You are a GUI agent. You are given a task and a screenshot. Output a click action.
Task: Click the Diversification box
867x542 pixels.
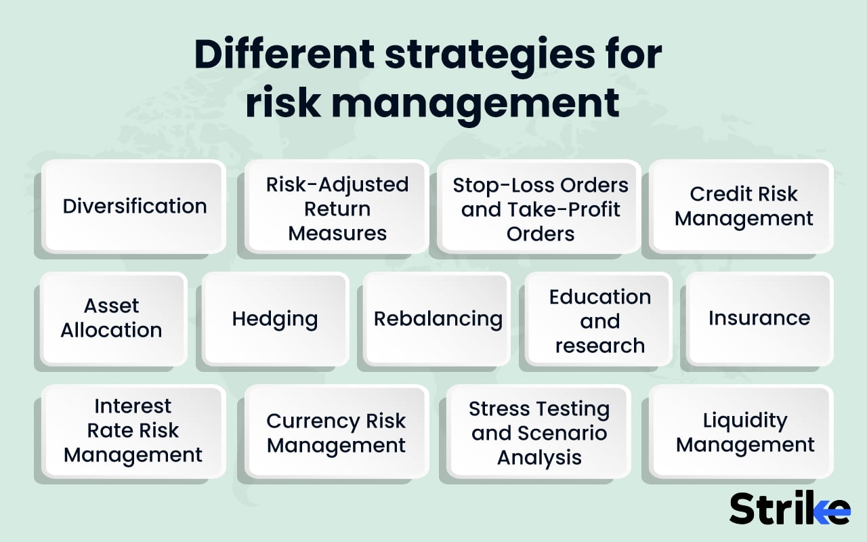134,206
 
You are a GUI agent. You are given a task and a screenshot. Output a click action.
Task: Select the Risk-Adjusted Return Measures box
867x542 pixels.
337,208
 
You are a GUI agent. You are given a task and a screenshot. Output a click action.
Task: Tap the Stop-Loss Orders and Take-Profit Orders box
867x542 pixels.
540,208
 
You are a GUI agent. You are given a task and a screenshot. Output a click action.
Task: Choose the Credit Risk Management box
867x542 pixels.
742,206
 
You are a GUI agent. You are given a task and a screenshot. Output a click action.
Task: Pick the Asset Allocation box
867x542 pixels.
112,318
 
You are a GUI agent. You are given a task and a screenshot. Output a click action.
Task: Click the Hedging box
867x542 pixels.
275,318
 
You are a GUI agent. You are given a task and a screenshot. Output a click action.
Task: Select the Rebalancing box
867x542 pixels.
437,318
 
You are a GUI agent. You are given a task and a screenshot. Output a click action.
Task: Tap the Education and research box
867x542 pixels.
599,320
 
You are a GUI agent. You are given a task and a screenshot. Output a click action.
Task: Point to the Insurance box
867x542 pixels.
759,318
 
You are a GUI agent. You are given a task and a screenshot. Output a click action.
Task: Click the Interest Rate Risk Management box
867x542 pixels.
133,431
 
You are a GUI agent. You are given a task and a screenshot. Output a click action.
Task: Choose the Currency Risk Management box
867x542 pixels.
337,432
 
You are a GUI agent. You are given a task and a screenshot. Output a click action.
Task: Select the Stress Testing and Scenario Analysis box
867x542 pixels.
539,432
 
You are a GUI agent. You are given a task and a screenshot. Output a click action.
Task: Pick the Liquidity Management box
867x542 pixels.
744,432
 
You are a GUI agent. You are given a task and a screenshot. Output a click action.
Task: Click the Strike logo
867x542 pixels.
790,507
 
